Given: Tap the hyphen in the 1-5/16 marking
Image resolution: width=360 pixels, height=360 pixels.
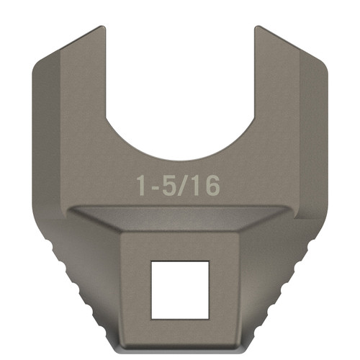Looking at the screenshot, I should [152, 187].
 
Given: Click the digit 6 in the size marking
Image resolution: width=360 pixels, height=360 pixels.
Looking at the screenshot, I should [210, 185].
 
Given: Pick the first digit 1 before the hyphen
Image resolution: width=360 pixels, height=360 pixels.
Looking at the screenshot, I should [141, 185].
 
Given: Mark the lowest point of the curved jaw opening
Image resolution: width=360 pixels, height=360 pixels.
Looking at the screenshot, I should [180, 160].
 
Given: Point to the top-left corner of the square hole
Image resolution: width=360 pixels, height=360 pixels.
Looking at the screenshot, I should [151, 261].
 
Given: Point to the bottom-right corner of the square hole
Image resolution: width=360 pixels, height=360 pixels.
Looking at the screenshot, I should [209, 318].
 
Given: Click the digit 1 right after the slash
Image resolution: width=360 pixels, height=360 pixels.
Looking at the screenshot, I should [197, 185].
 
